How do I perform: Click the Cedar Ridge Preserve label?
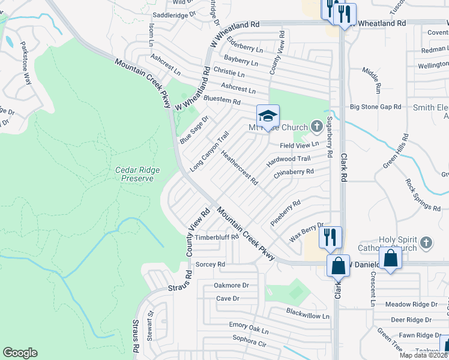[137, 174]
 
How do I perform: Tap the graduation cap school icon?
[268, 115]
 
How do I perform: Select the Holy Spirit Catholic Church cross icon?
[426, 242]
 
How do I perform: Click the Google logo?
[20, 353]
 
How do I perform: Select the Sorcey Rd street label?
[210, 264]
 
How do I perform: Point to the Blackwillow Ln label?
[308, 315]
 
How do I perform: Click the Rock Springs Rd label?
[423, 195]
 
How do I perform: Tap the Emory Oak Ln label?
[249, 330]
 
